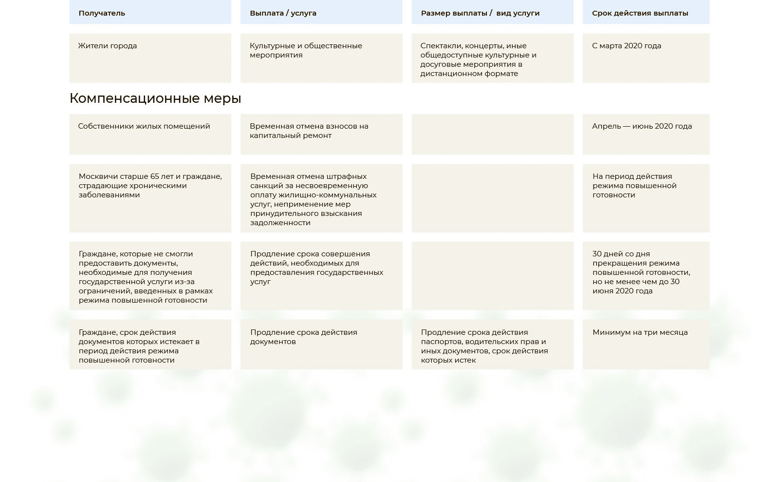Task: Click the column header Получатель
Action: tap(102, 13)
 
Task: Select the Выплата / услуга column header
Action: tap(283, 13)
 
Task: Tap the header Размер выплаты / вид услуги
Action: tap(480, 13)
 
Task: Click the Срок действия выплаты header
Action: tap(640, 13)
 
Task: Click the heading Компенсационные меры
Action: tap(155, 98)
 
